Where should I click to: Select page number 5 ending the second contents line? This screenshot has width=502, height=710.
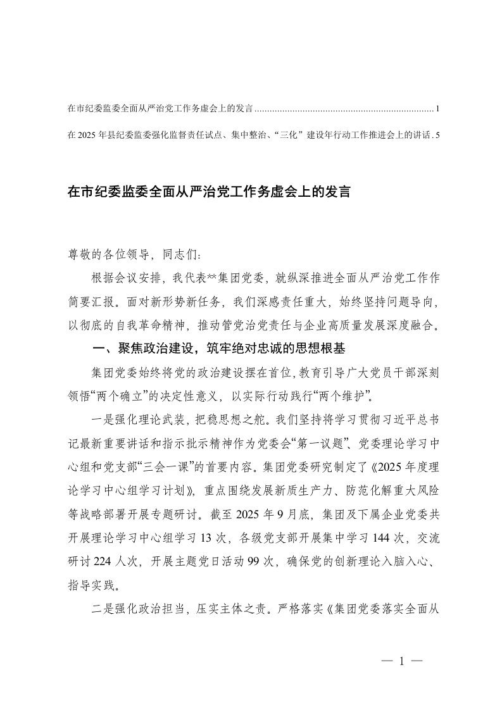438,135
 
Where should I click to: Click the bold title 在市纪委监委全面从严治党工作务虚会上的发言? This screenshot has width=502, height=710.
209,192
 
